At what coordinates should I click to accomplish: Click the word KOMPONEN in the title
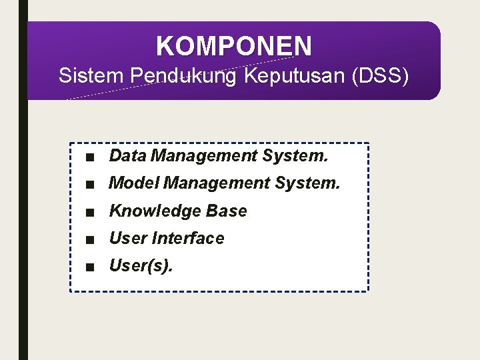tap(233, 47)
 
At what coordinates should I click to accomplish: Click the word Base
tap(227, 211)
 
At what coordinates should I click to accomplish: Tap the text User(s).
tap(141, 266)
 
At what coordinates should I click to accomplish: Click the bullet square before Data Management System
tap(89, 157)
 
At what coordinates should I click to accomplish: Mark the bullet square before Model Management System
tap(89, 184)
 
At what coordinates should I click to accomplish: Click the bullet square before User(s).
tap(89, 267)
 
